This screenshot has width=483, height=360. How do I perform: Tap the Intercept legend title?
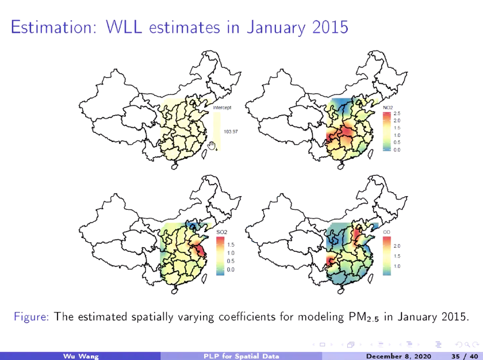222,108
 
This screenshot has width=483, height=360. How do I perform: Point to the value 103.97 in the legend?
231,132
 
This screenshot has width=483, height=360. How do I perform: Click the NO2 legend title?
388,108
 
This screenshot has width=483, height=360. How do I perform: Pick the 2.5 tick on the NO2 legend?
397,114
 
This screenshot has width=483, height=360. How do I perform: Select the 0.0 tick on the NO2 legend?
397,149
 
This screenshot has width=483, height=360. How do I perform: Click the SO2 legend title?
221,231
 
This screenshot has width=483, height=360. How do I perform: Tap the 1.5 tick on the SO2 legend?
230,244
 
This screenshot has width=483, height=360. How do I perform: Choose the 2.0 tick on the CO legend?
396,246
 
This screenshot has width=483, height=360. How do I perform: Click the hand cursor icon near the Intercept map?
212,144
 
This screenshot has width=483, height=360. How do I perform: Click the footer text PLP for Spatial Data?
241,357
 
